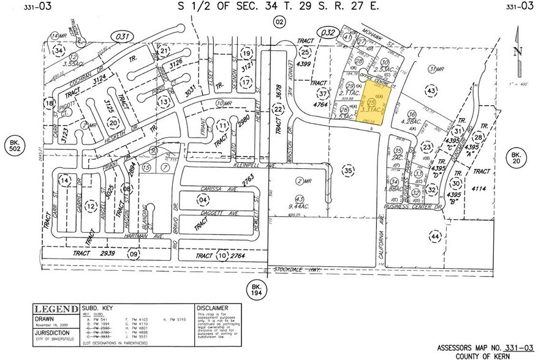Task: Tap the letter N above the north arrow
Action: [x=518, y=51]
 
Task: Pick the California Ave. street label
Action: [x=380, y=238]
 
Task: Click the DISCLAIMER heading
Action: [x=212, y=307]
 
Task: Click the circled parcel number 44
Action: [x=436, y=236]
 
